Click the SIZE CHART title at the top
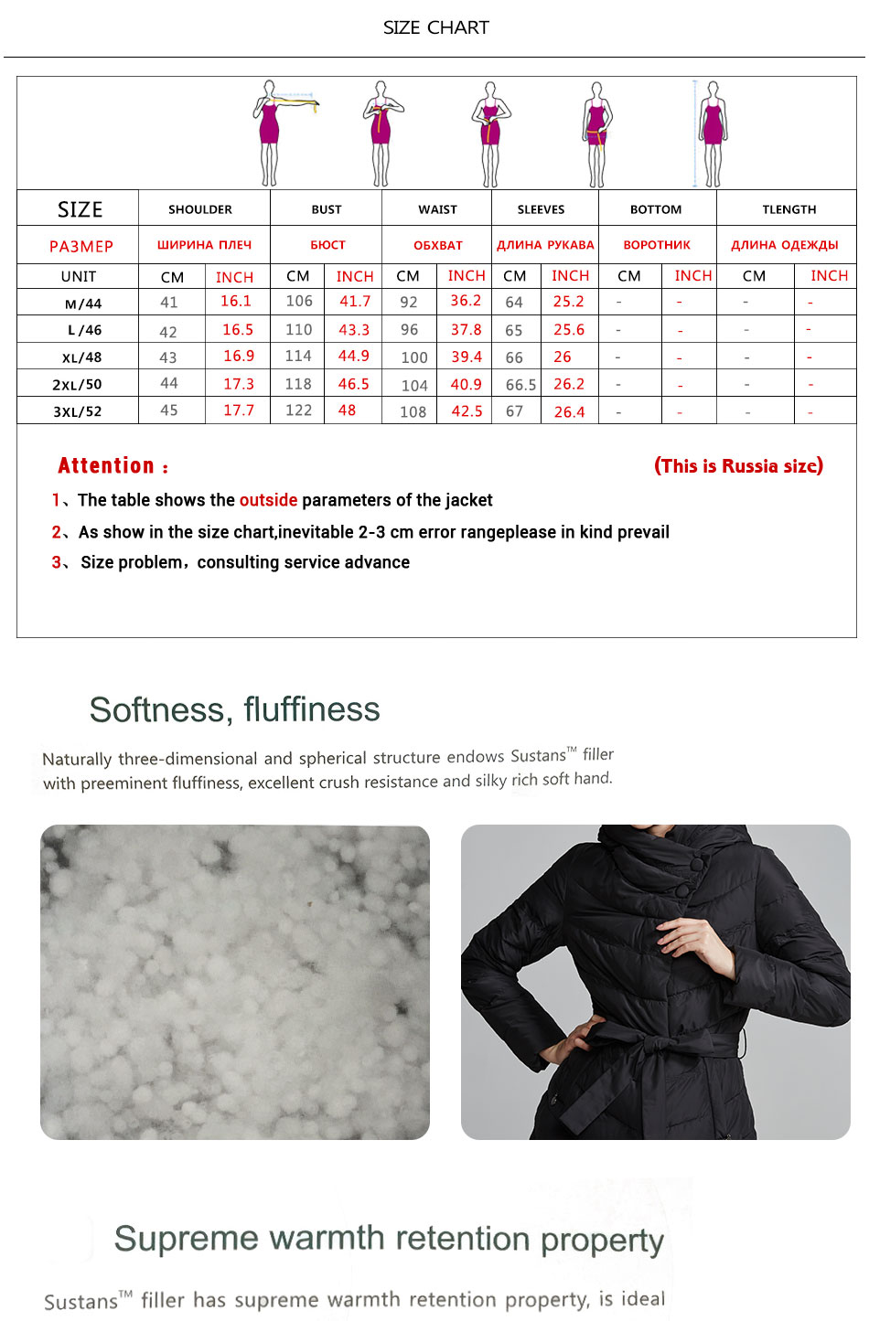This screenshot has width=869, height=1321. (435, 27)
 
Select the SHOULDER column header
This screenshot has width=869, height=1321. (199, 209)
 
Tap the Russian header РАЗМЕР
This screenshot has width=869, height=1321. (81, 246)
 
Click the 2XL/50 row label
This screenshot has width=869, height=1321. (77, 385)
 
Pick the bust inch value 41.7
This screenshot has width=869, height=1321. (355, 301)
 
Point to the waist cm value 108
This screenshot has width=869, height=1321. (413, 411)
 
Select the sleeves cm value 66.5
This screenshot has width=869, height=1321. (520, 385)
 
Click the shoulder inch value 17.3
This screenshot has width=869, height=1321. (239, 384)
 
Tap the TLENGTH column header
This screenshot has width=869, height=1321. (789, 209)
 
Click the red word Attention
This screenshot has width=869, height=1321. (106, 465)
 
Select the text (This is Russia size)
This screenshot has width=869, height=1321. (738, 465)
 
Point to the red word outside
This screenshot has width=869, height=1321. (268, 500)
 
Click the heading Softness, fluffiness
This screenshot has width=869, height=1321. (234, 709)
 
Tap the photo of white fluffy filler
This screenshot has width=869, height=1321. (234, 982)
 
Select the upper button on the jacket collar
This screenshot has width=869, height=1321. (696, 864)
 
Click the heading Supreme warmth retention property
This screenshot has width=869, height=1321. (389, 1239)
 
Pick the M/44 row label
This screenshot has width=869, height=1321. (83, 304)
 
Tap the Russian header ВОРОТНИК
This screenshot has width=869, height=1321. (657, 245)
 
